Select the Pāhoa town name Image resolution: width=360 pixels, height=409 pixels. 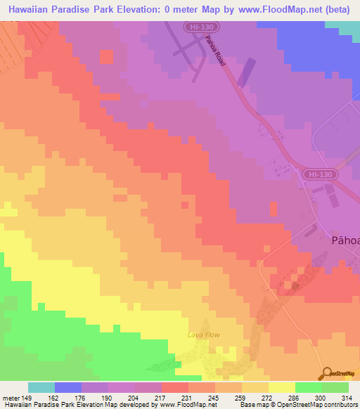click(x=345, y=240)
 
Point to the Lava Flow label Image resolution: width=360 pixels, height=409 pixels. click(x=203, y=335)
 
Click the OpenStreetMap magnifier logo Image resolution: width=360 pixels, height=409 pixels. click(x=326, y=373)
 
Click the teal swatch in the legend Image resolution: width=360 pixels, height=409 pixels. click(x=41, y=387)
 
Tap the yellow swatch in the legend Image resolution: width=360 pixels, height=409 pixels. click(x=281, y=387)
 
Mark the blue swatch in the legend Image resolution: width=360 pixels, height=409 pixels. click(x=67, y=387)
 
